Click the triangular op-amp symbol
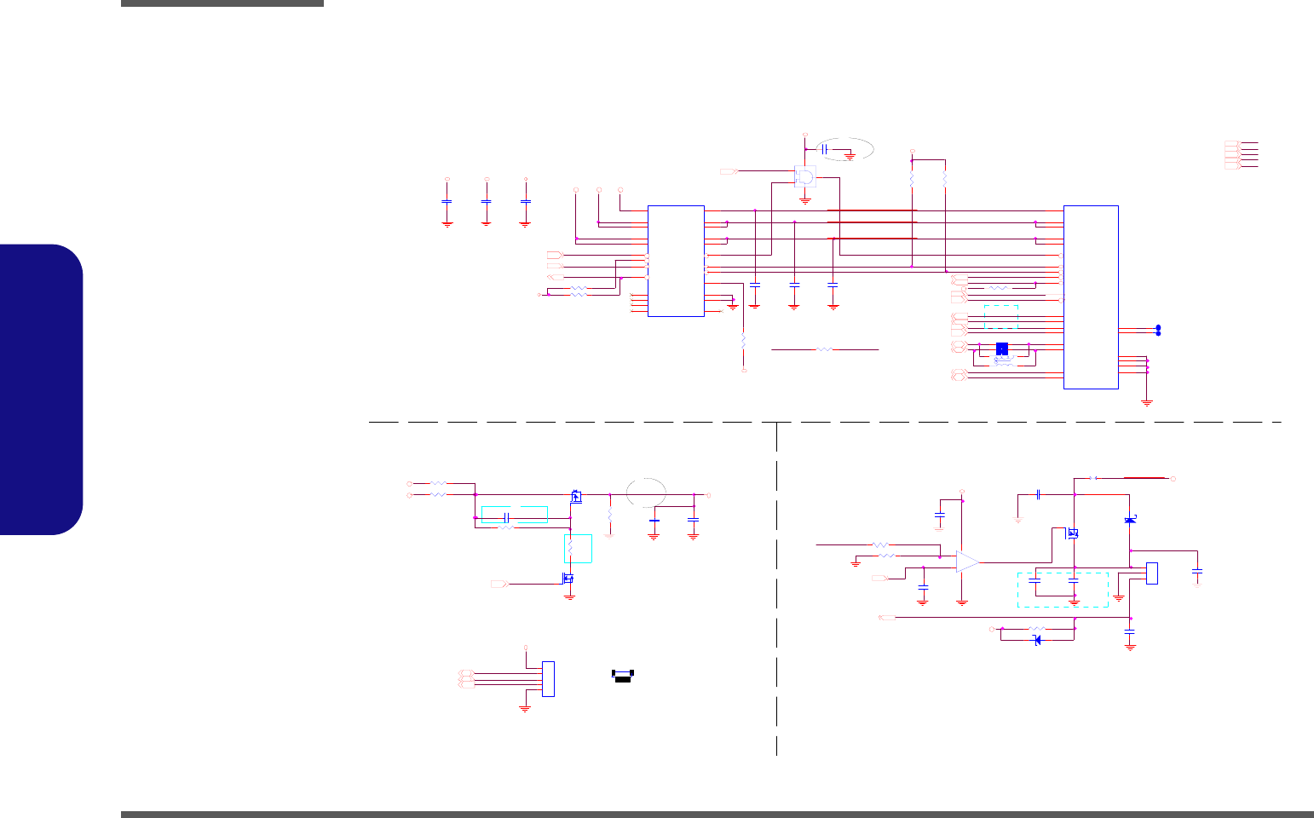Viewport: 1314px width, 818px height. point(967,562)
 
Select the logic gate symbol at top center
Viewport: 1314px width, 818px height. point(804,176)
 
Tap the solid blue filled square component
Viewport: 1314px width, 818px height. point(1002,349)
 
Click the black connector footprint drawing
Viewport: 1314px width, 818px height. point(623,675)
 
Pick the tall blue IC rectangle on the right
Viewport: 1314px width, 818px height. point(1091,297)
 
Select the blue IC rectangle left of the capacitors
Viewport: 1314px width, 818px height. point(676,260)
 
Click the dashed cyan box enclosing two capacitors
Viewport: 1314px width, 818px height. point(1063,589)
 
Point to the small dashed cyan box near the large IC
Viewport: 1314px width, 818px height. point(1000,316)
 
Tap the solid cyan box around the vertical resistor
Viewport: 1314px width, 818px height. point(578,549)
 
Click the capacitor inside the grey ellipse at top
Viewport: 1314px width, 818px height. point(824,149)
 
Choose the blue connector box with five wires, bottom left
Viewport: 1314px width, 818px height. point(548,678)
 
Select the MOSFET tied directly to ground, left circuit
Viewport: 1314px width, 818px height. point(568,579)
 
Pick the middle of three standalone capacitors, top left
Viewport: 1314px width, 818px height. point(486,202)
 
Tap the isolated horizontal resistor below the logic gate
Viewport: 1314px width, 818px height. point(824,349)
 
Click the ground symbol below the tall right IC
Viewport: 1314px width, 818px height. point(1147,402)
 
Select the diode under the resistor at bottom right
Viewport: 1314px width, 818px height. point(1037,640)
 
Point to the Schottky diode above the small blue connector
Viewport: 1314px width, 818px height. point(1130,520)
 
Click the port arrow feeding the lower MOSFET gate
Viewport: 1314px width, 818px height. point(500,585)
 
